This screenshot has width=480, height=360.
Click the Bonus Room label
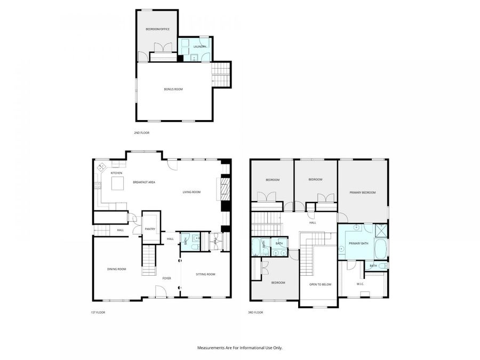pos(173,89)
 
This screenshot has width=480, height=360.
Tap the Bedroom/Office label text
pos(158,29)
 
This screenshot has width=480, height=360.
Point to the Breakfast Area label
pos(144,182)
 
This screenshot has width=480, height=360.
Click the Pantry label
pos(150,229)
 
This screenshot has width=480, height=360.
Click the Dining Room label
pos(117,269)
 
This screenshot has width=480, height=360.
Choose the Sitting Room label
pos(205,274)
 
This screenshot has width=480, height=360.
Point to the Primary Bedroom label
pos(363,193)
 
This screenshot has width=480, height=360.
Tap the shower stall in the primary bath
pos(381,230)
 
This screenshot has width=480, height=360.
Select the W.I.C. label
pos(360,284)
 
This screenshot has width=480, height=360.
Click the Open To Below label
pos(320,284)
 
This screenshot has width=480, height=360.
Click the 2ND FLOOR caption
pos(142,132)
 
